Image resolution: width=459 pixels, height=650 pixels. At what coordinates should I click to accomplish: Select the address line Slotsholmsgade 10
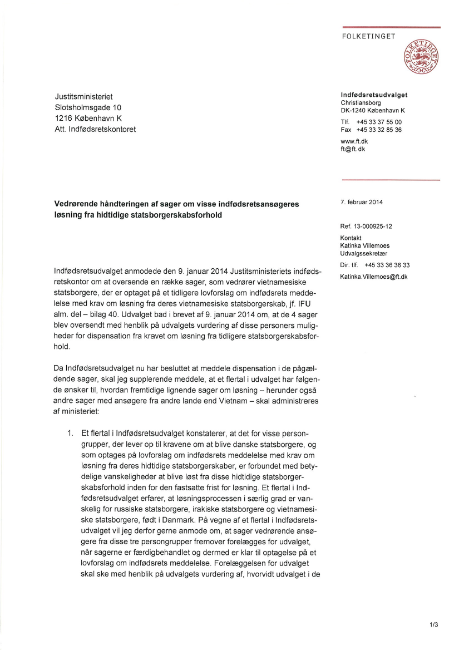[x=88, y=107]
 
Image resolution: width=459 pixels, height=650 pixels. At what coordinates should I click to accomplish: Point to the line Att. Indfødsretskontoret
[x=95, y=129]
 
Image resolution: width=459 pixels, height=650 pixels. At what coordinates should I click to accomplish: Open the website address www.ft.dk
[x=354, y=141]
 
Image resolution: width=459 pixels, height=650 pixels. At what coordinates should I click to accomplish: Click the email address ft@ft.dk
[x=352, y=149]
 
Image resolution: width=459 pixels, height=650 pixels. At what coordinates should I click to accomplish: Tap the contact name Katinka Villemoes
[x=364, y=245]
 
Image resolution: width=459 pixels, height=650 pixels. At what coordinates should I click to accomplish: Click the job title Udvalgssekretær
[x=364, y=253]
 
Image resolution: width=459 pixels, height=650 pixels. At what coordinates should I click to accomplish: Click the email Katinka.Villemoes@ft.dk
[x=374, y=277]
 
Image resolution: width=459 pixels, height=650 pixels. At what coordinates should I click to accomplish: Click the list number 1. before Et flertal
[x=70, y=433]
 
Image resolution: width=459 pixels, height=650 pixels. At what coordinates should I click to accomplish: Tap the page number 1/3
[x=434, y=625]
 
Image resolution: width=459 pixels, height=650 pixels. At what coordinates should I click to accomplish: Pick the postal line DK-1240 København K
[x=372, y=110]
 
